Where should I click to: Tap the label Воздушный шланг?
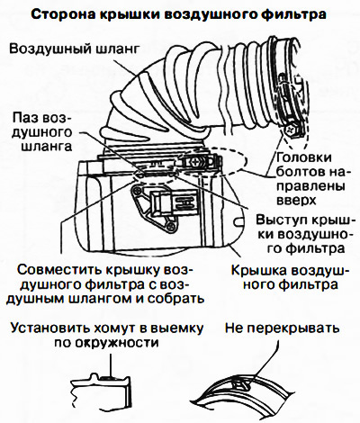click(x=75, y=49)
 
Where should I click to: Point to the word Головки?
click(x=303, y=157)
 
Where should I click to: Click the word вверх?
click(x=296, y=200)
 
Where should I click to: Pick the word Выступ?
click(x=282, y=220)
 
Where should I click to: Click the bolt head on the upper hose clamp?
click(x=291, y=130)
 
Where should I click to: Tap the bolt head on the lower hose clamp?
click(x=194, y=162)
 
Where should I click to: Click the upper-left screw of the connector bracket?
click(x=138, y=190)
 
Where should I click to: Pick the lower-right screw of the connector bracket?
click(x=171, y=226)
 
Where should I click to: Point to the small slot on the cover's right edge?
click(x=238, y=221)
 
